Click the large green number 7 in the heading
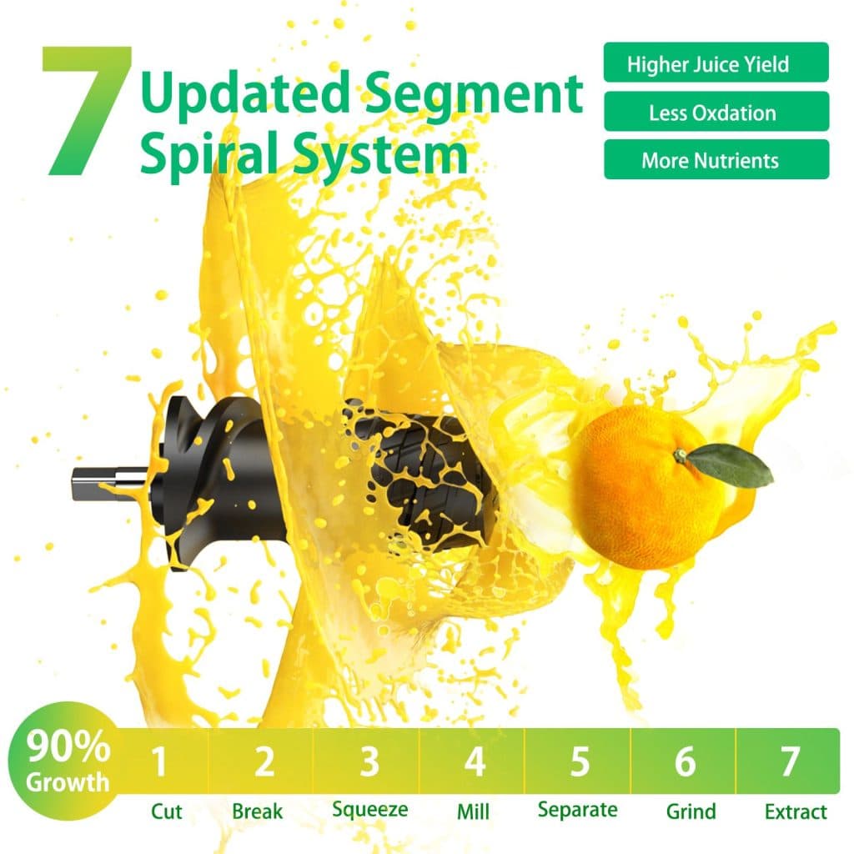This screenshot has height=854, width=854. point(87,111)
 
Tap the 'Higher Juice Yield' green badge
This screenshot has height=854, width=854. point(716,63)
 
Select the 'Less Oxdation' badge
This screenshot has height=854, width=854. point(716,112)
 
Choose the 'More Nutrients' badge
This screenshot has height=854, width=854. point(716,159)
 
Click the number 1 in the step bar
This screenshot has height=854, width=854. point(159,761)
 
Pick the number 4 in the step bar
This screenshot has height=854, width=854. point(474,761)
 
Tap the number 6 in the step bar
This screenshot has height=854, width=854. point(685,761)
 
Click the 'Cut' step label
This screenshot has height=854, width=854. point(166,811)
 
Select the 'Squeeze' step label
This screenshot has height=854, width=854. point(369,810)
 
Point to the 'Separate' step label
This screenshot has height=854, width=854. point(577,810)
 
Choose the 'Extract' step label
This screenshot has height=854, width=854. point(796,811)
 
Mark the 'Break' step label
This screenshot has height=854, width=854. point(257,811)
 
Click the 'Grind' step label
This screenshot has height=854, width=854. point(691,811)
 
